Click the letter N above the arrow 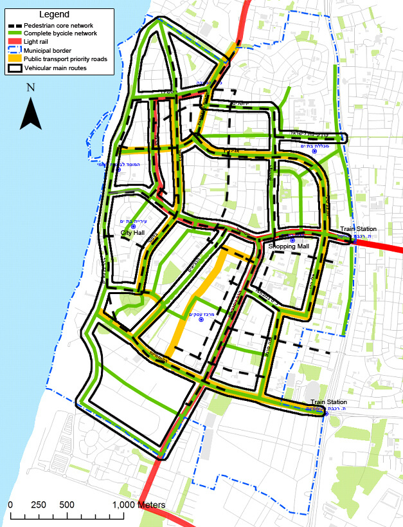click(x=30, y=86)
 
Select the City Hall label click(x=133, y=234)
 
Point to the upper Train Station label click(x=358, y=229)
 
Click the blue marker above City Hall click(x=133, y=227)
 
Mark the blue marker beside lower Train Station click(x=326, y=413)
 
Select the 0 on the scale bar click(x=10, y=504)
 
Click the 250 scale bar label click(x=38, y=504)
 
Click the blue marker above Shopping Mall click(x=292, y=239)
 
